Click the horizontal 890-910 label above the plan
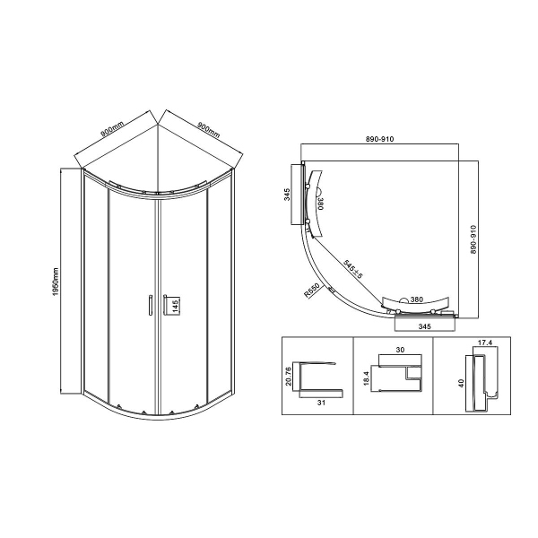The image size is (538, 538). [379, 138]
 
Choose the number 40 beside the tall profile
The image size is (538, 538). [459, 383]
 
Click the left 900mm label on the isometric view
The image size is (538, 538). [112, 132]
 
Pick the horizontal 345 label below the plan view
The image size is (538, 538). [425, 327]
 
